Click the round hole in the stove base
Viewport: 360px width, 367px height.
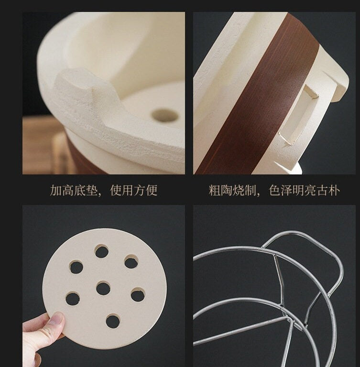(165, 115)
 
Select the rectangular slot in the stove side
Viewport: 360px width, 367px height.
(297, 115)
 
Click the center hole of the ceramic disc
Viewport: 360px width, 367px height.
(103, 288)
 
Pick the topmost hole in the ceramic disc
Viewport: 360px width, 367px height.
(102, 251)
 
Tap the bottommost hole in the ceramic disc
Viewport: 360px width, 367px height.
(113, 321)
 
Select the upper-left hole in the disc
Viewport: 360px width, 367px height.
(76, 267)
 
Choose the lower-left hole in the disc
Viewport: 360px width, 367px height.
(73, 299)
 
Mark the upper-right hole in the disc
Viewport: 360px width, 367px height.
(131, 262)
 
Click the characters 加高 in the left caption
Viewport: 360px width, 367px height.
(62, 190)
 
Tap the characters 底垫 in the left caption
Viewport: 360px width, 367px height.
(86, 190)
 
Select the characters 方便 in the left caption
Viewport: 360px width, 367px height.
(146, 190)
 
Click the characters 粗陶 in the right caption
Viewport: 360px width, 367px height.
(221, 191)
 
